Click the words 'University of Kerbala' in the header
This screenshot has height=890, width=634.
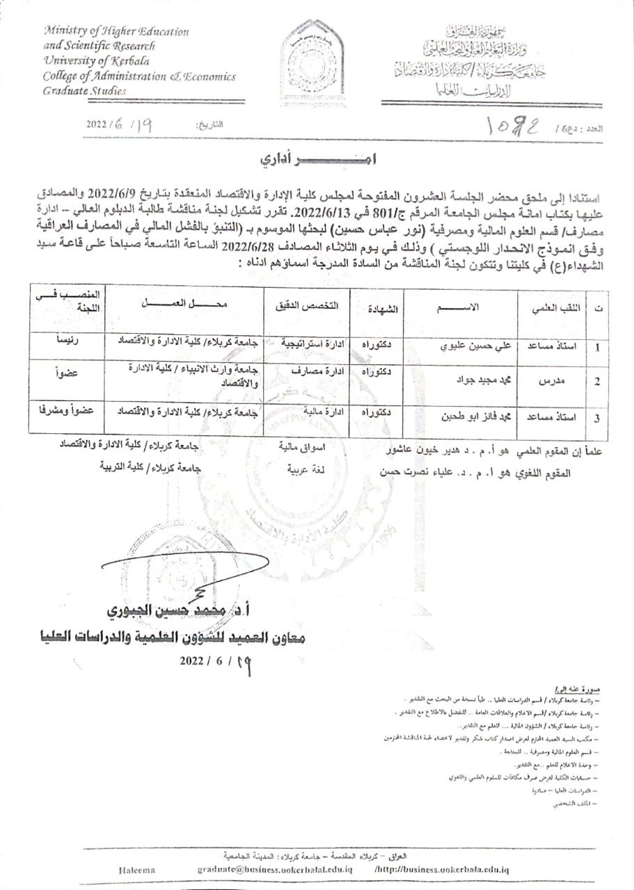(82, 60)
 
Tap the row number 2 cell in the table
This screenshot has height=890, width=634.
(597, 382)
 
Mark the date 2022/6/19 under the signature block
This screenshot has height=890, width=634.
(215, 661)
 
